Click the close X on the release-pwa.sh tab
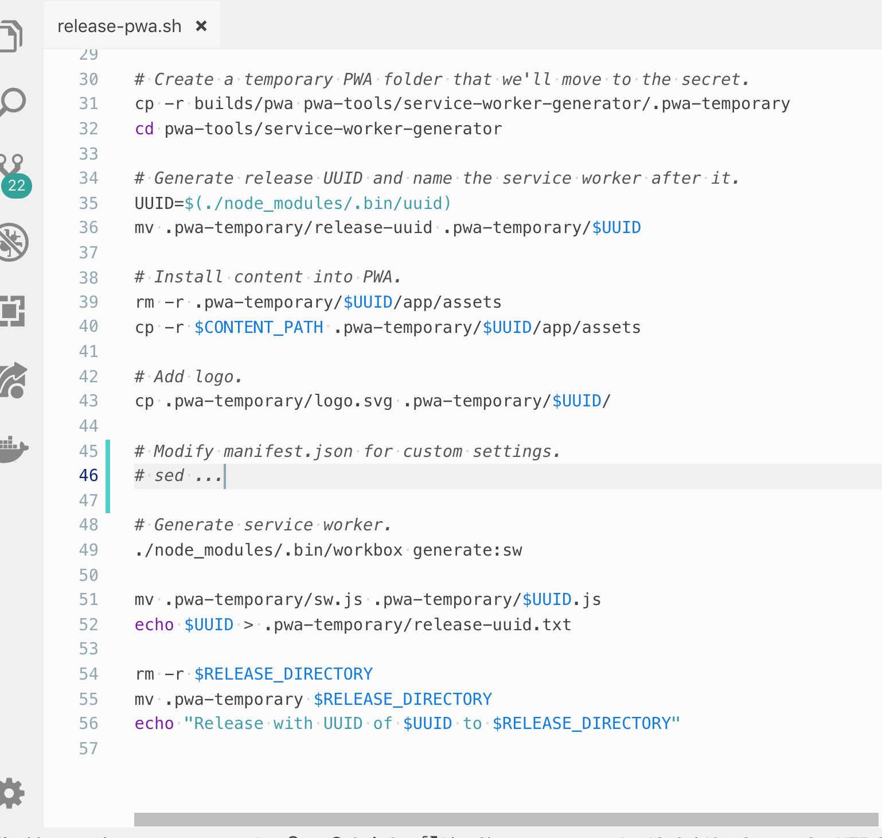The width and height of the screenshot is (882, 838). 201,26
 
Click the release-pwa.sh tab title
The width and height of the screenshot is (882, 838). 119,26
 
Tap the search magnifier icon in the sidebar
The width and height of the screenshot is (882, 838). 13,102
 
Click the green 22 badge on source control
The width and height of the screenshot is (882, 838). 17,185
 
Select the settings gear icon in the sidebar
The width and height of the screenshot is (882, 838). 11,793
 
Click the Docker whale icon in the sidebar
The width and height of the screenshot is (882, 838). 13,448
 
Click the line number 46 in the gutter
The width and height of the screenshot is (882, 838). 88,475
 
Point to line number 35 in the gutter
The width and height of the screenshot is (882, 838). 88,203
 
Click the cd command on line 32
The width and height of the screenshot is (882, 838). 144,129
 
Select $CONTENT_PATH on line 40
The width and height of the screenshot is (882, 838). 259,327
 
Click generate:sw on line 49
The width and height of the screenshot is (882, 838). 467,550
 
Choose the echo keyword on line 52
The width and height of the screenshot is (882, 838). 154,624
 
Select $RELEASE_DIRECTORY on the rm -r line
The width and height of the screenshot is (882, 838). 283,674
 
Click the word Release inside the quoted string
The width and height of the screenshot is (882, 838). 229,723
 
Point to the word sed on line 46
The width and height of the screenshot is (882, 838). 169,476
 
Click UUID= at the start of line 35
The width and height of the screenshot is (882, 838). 159,203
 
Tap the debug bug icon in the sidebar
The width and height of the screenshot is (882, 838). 13,242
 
